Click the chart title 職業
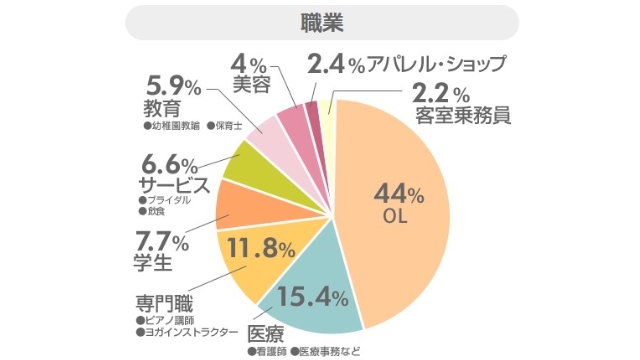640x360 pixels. pyautogui.click(x=320, y=21)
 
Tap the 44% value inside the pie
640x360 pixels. pyautogui.click(x=398, y=192)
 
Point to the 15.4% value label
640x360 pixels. pyautogui.click(x=312, y=295)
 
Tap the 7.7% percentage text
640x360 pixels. pyautogui.click(x=162, y=242)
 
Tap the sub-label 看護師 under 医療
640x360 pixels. pyautogui.click(x=271, y=351)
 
